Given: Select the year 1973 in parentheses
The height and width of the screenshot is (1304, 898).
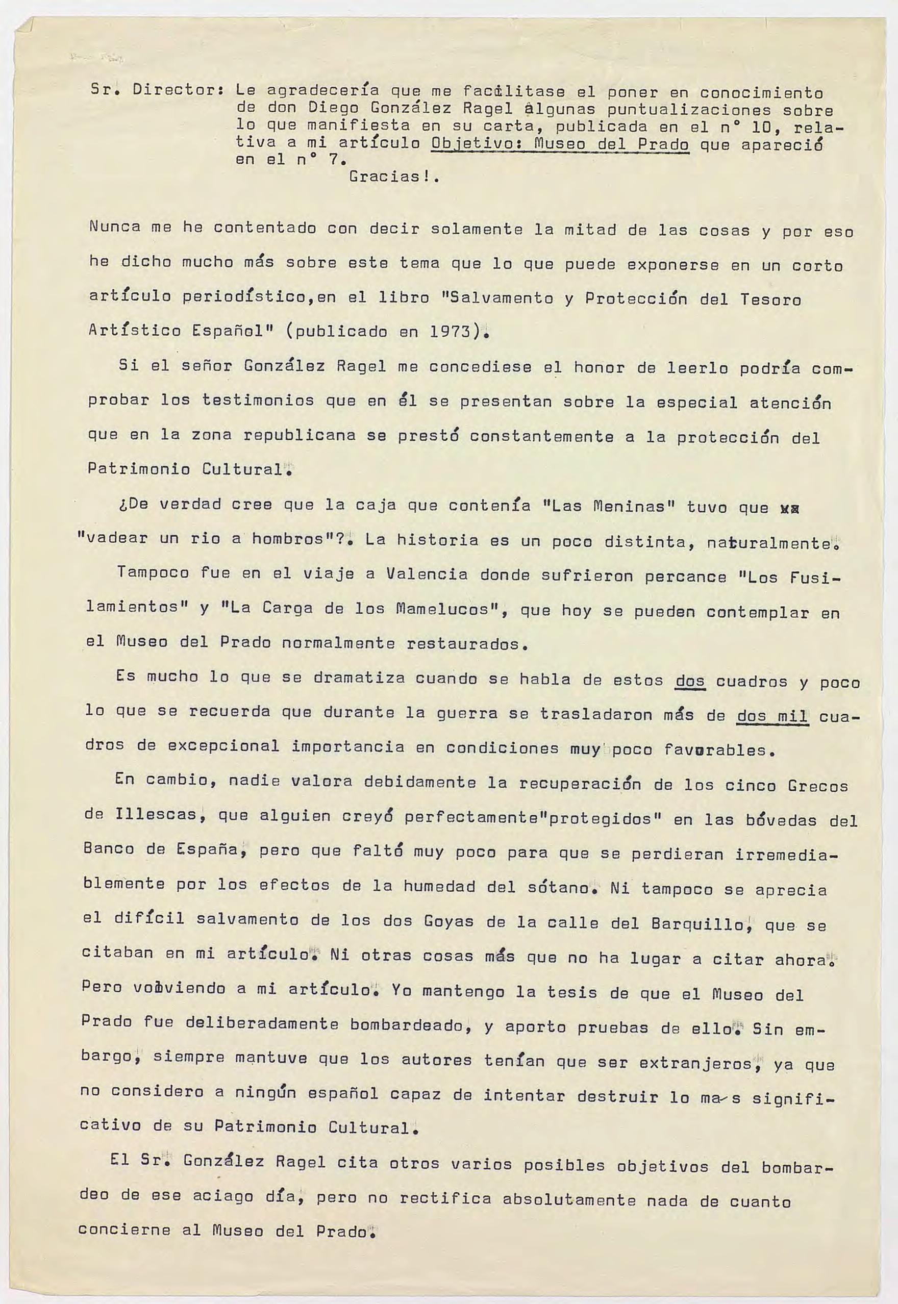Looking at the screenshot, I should [x=450, y=331].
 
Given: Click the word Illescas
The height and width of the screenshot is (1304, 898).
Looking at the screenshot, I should [x=162, y=815].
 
